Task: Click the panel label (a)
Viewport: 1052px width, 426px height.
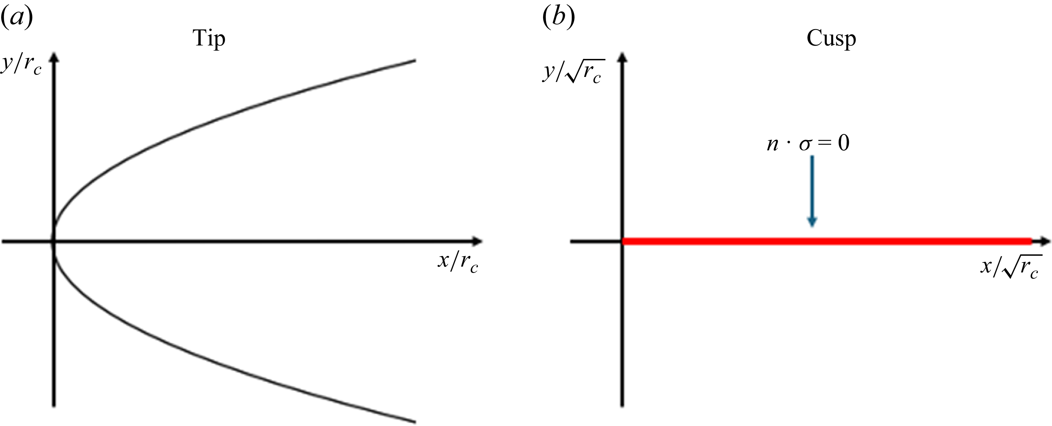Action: (x=17, y=18)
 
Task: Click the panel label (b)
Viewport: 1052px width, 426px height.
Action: (x=558, y=18)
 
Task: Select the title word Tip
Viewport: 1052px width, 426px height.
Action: (x=209, y=39)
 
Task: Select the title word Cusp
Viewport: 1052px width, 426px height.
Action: (x=831, y=39)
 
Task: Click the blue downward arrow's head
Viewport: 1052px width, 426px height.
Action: (x=812, y=221)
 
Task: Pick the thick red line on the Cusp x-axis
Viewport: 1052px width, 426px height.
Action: (x=825, y=242)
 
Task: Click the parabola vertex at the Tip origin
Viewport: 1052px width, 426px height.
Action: (x=54, y=242)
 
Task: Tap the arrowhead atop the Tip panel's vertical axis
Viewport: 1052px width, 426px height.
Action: (x=54, y=56)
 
